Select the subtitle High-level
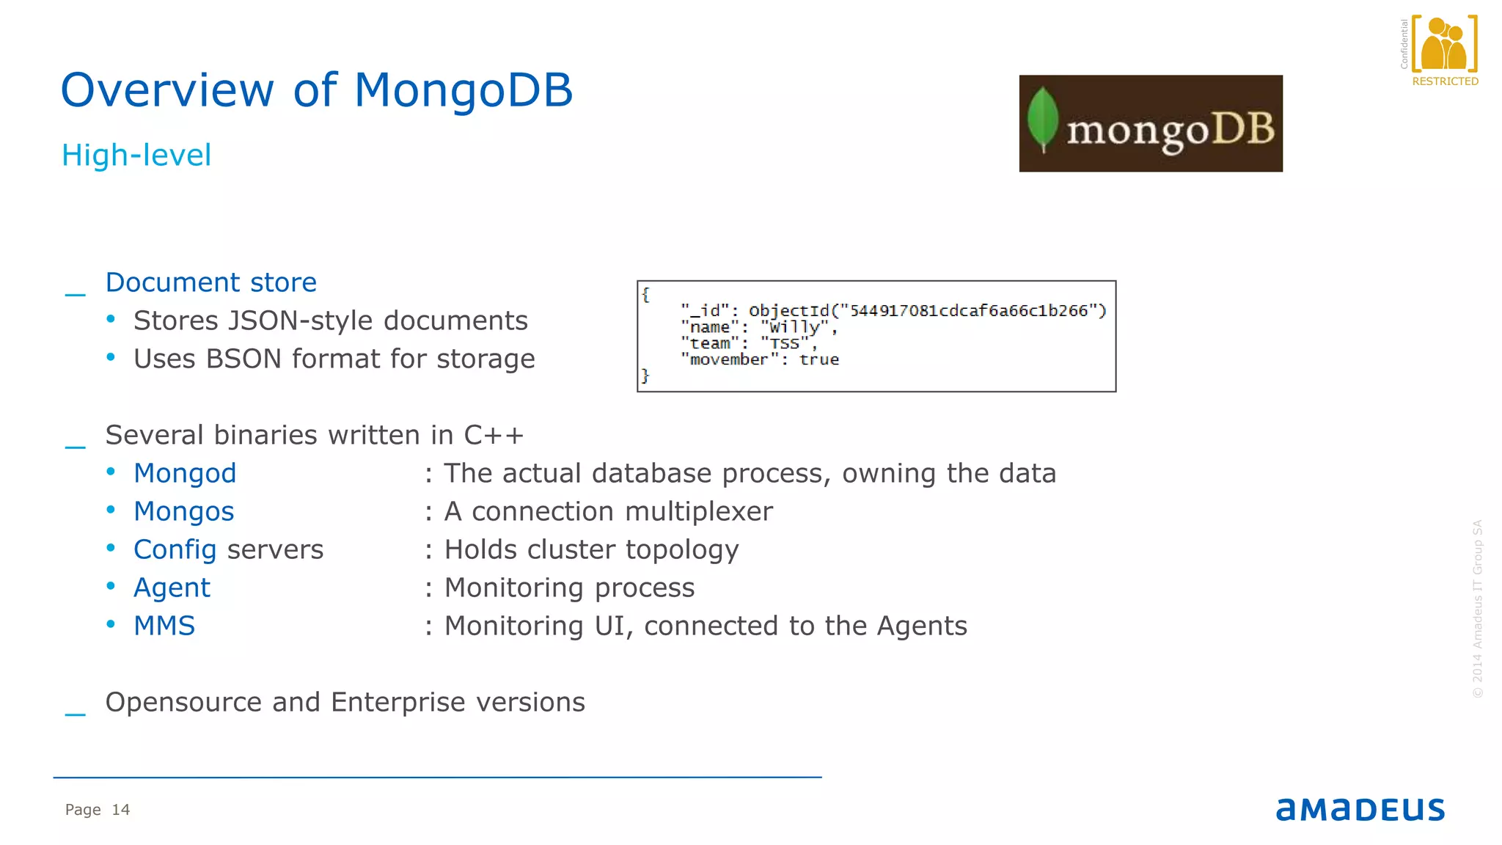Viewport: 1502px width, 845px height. point(136,156)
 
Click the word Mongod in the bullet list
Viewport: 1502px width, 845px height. point(185,474)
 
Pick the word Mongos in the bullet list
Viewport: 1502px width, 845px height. point(183,512)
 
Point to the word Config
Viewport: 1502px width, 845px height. point(175,550)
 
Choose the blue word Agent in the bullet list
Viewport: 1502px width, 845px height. point(172,588)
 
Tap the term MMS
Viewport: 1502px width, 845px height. point(164,626)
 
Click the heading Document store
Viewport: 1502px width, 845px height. point(211,283)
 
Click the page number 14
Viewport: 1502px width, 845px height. point(120,810)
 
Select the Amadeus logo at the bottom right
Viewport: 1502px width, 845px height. point(1360,810)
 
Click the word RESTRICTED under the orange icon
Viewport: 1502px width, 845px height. point(1445,81)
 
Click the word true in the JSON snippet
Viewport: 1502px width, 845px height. point(819,359)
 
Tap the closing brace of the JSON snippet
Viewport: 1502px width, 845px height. point(645,376)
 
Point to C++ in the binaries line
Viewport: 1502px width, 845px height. point(494,436)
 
